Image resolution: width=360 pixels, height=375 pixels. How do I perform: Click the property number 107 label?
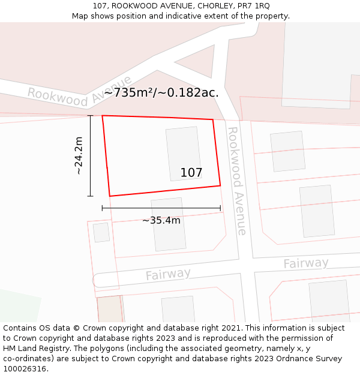pos(191,173)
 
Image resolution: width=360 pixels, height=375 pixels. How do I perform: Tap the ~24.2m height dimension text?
pos(79,155)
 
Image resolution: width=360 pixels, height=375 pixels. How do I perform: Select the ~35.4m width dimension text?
pos(161,220)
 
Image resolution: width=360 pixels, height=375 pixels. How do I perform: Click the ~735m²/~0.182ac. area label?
pos(161,92)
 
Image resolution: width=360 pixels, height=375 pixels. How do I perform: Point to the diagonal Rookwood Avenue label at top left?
pos(79,91)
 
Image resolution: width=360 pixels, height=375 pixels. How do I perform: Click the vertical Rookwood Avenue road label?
pos(237,180)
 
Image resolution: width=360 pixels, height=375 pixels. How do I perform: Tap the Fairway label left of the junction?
pos(168,274)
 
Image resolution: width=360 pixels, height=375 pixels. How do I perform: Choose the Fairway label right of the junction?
pos(306,263)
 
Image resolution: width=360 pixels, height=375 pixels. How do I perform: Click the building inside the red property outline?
pos(183,153)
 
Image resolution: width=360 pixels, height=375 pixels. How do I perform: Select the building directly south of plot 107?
pos(169,224)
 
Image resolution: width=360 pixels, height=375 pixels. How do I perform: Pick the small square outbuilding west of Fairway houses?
pos(101,232)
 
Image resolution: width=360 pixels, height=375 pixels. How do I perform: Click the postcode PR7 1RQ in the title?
pos(254,6)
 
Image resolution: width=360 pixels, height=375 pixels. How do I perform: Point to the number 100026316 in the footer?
pos(25,369)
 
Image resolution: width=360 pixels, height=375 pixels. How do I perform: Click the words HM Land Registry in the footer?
pos(32,349)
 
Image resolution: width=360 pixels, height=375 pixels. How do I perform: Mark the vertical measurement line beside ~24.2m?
pos(91,155)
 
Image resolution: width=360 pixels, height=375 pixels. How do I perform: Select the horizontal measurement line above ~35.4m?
pos(161,208)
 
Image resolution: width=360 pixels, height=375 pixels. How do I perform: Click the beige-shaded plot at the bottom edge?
pos(110,308)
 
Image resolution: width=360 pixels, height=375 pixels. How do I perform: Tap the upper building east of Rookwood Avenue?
pos(287,151)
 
